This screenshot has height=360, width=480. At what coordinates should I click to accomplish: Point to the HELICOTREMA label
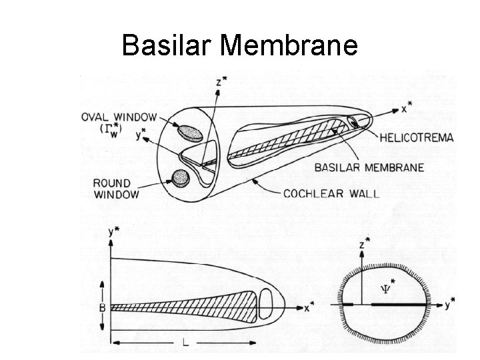pos(417,138)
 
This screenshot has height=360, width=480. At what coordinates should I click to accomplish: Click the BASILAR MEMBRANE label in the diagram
pos(370,167)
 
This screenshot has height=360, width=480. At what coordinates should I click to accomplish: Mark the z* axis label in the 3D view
pos(222,83)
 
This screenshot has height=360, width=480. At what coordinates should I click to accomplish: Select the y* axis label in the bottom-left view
pos(113,233)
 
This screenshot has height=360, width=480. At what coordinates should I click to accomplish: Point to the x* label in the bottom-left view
pos(309,308)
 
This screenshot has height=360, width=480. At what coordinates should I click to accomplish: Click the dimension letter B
pos(101,307)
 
